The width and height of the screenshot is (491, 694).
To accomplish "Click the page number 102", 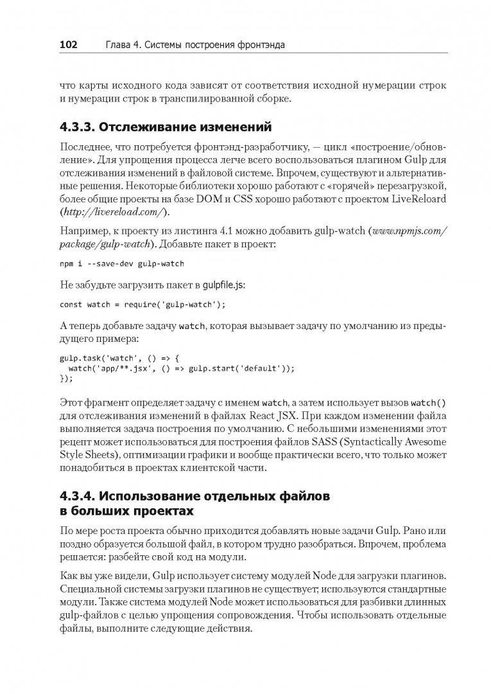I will tap(69, 45).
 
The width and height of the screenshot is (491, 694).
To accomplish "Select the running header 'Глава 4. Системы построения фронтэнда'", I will tap(189, 45).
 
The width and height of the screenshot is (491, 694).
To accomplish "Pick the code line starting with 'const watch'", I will tap(143, 305).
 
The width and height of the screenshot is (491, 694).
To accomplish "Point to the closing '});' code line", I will tap(66, 378).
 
